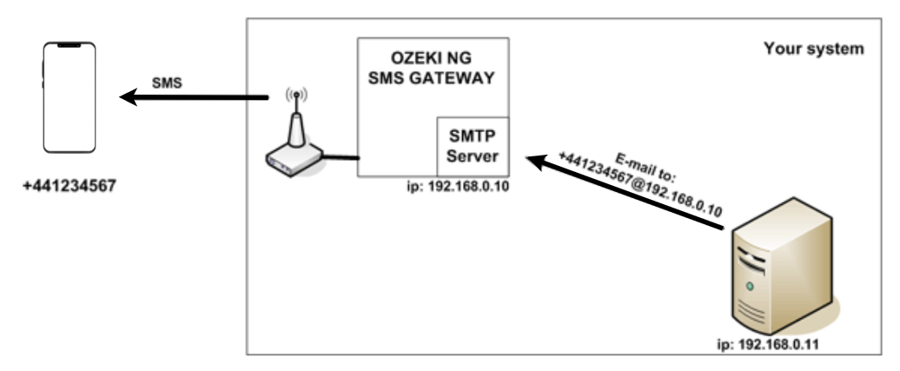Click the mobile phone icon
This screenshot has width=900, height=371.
click(x=69, y=97)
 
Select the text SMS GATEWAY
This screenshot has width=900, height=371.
click(x=432, y=79)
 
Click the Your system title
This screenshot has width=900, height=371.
click(x=813, y=49)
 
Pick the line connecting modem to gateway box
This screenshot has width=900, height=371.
click(x=341, y=157)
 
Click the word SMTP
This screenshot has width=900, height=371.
click(x=471, y=138)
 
